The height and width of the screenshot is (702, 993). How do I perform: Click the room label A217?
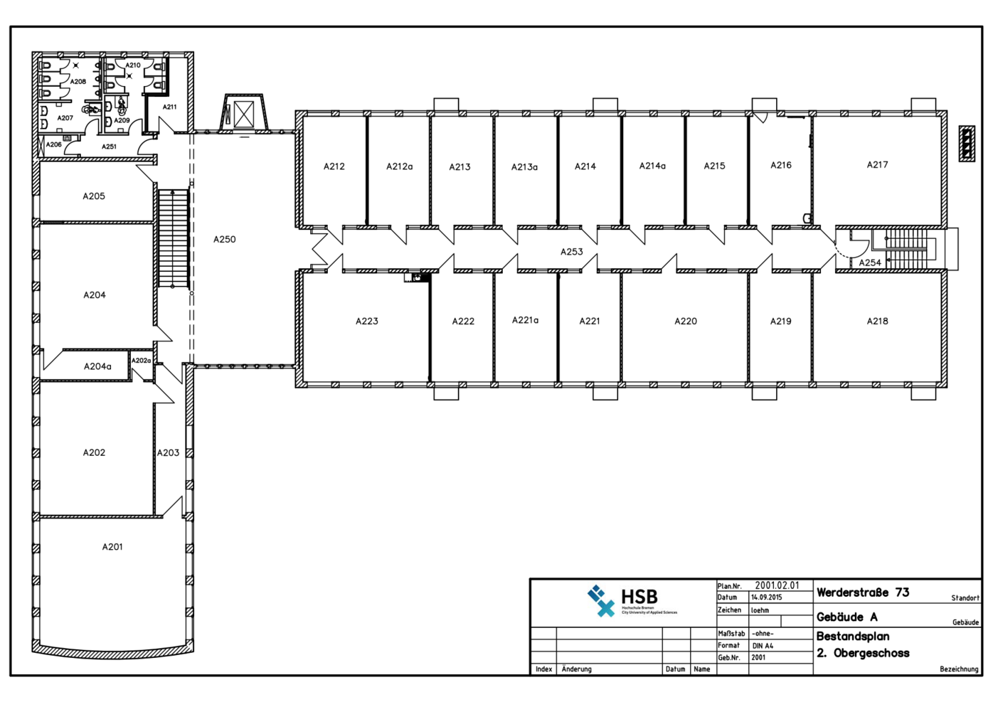[877, 165]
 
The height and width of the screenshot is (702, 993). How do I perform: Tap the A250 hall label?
[224, 240]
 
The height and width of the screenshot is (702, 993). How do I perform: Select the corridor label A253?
[571, 252]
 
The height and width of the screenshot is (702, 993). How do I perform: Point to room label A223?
[367, 321]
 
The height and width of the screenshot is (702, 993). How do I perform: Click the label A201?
[112, 547]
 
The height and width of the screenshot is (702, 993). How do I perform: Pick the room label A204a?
[97, 367]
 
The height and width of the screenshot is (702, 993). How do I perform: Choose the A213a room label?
[524, 167]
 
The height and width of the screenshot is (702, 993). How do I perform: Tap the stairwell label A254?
[869, 262]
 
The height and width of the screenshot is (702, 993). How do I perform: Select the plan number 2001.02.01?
[777, 585]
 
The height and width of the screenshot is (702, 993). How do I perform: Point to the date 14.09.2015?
[767, 597]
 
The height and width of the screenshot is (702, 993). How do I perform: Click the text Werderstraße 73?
[863, 592]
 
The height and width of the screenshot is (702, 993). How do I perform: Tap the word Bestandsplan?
[853, 637]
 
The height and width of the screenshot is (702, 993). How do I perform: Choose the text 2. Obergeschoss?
[863, 653]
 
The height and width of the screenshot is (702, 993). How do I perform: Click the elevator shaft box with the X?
[244, 114]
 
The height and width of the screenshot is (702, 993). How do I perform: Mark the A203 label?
[169, 452]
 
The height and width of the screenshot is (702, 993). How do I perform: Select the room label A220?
[686, 321]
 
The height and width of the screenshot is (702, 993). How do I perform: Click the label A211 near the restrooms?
[169, 107]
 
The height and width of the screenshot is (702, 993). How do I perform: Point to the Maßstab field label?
[731, 634]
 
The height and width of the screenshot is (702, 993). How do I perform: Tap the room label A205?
[94, 196]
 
